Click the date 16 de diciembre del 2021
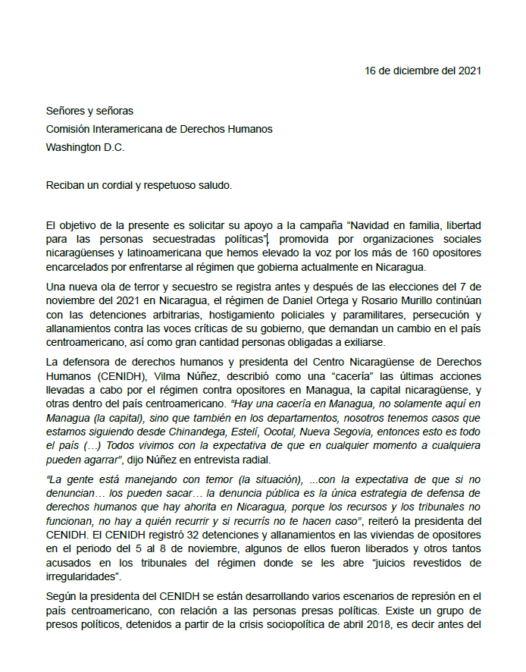pos(422,71)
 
